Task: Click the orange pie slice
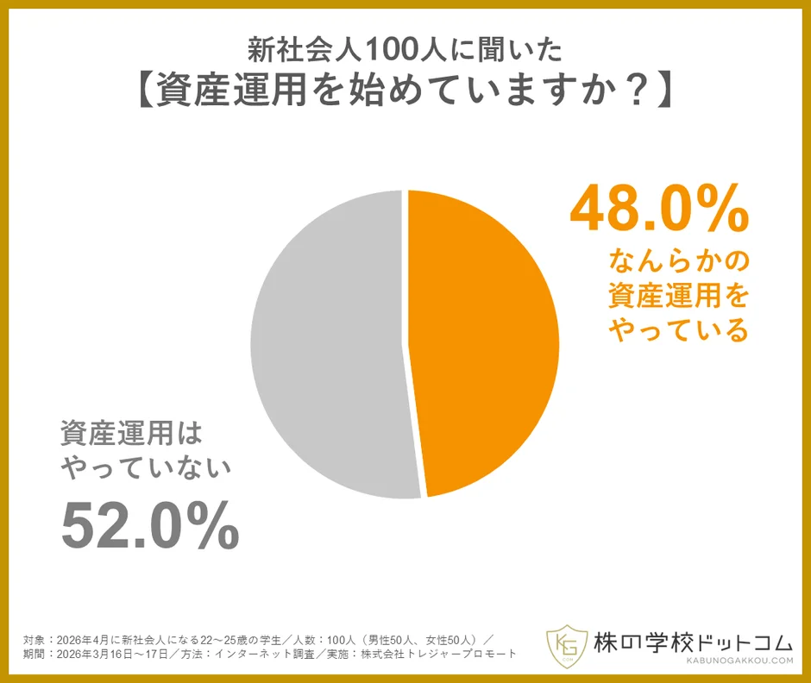pos(483,345)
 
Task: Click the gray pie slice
pos(328,345)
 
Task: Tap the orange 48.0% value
pos(659,209)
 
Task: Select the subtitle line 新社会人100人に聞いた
pos(405,50)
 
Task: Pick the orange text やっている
pos(677,329)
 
